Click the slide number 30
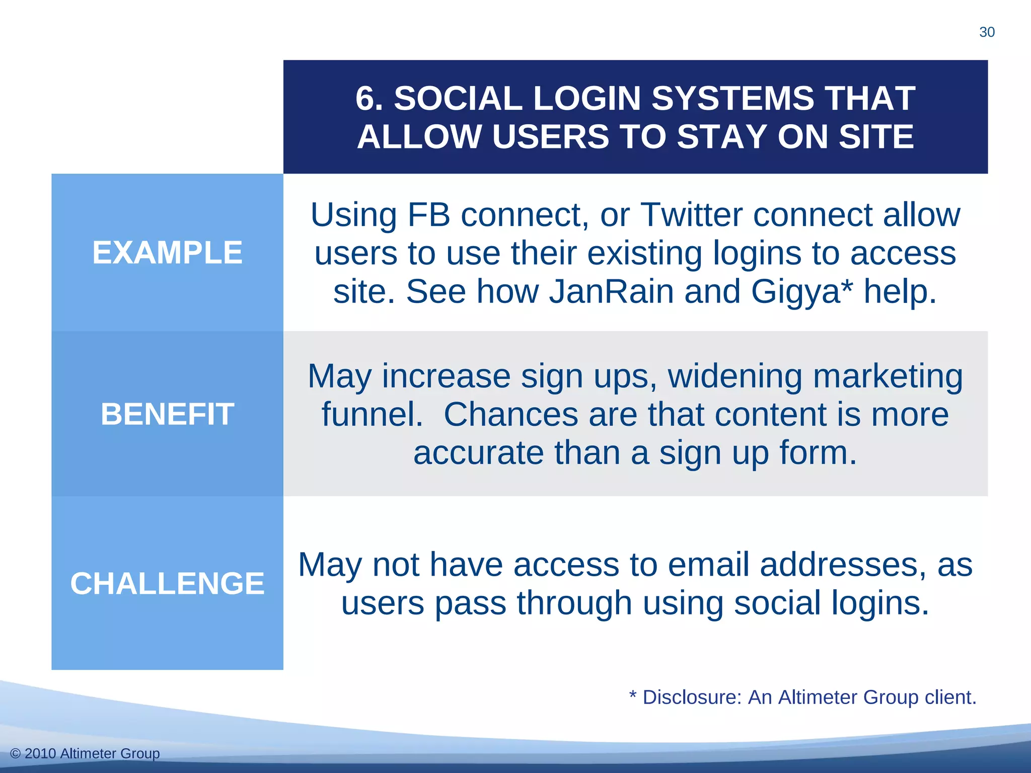coord(987,32)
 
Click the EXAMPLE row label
coord(167,253)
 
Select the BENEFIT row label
coord(167,414)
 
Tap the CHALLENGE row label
coord(167,583)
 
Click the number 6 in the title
coord(365,98)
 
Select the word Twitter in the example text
coord(691,215)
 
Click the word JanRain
coord(611,292)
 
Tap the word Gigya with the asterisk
coord(801,292)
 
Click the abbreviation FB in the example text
coord(428,215)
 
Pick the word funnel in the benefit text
coord(372,415)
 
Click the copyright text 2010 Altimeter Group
coord(92,753)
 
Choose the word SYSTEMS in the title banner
coord(732,98)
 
